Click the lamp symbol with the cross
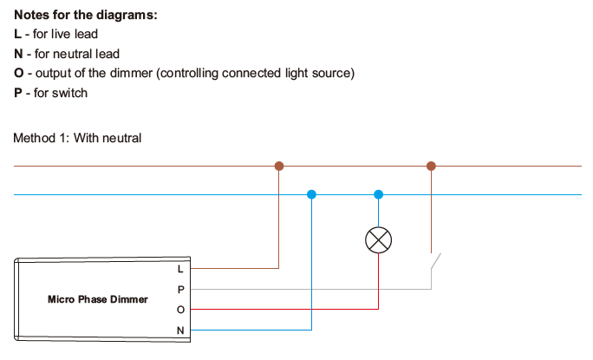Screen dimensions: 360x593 click(378, 240)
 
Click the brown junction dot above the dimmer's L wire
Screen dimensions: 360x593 click(278, 165)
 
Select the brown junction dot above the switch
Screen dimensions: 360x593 click(431, 165)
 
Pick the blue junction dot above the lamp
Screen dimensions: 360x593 click(378, 194)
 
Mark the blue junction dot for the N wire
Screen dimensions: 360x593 click(311, 194)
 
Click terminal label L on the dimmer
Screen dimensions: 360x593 click(180, 269)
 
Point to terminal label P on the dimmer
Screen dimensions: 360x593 click(180, 289)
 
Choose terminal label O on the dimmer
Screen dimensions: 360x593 click(180, 309)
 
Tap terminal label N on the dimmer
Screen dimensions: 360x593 click(180, 330)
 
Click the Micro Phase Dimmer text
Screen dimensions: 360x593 click(97, 299)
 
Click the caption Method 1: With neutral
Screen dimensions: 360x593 click(77, 137)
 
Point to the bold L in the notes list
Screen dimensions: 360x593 click(17, 34)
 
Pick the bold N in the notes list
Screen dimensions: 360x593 click(18, 54)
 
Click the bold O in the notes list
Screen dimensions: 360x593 click(18, 73)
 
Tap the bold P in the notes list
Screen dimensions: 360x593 click(18, 93)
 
